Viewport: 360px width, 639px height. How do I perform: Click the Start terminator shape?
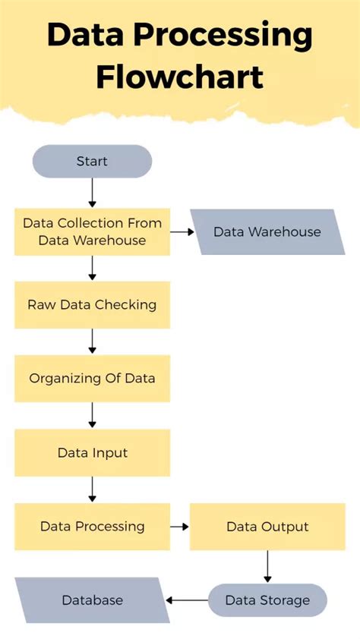click(x=92, y=162)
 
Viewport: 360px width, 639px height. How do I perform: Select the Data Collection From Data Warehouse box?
click(x=92, y=231)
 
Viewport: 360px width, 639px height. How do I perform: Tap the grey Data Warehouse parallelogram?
click(x=267, y=231)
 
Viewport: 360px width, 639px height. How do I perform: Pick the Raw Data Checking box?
click(x=92, y=305)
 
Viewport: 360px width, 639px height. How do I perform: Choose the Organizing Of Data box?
click(x=92, y=378)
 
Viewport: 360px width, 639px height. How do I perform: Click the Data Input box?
click(x=92, y=453)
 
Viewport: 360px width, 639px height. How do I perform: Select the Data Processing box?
click(x=92, y=526)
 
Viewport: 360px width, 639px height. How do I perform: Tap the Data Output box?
click(x=267, y=526)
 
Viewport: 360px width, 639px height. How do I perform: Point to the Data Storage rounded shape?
click(x=267, y=600)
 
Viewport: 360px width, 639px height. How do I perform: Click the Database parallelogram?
click(x=92, y=600)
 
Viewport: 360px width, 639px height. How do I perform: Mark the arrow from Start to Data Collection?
click(x=92, y=193)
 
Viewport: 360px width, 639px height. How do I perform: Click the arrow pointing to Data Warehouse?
click(x=181, y=231)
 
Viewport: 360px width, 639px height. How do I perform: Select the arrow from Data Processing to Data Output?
click(x=180, y=526)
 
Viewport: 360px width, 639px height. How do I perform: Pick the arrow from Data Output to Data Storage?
click(x=267, y=566)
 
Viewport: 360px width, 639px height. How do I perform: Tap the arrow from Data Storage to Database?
click(x=187, y=600)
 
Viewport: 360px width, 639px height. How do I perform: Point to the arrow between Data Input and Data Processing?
click(x=92, y=489)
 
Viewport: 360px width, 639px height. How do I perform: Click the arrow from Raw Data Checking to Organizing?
click(x=92, y=341)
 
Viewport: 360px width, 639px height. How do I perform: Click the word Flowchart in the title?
click(x=180, y=77)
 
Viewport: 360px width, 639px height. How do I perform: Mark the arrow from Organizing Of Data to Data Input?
click(x=92, y=414)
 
